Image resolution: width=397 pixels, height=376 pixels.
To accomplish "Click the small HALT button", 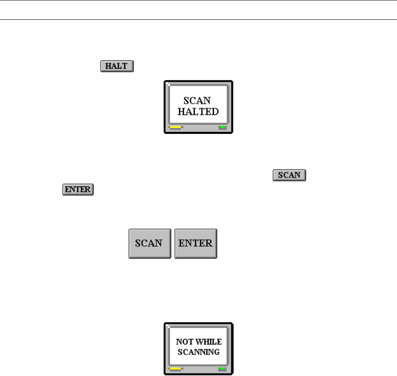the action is [x=116, y=67].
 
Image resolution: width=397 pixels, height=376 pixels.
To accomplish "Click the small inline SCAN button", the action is [x=289, y=175].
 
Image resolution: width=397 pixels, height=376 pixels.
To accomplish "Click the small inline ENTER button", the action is [x=78, y=189].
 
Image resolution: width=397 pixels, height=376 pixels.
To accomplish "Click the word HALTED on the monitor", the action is [x=198, y=112].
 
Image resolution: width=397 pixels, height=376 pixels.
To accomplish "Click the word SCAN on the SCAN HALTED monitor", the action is [x=198, y=101].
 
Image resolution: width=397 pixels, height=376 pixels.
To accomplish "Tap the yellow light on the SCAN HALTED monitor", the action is [x=175, y=127].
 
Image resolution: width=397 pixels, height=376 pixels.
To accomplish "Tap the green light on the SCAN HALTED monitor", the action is [x=222, y=127].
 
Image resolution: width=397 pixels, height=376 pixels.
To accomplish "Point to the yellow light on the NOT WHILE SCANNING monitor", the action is [x=175, y=369].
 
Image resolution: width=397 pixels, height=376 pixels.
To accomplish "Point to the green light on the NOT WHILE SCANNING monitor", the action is [x=222, y=369].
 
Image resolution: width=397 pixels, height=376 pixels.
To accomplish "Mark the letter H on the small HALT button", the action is [x=106, y=67].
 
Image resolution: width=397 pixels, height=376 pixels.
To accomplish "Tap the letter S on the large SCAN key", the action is [x=137, y=244].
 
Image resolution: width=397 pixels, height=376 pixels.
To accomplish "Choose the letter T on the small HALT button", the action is [x=125, y=67].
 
